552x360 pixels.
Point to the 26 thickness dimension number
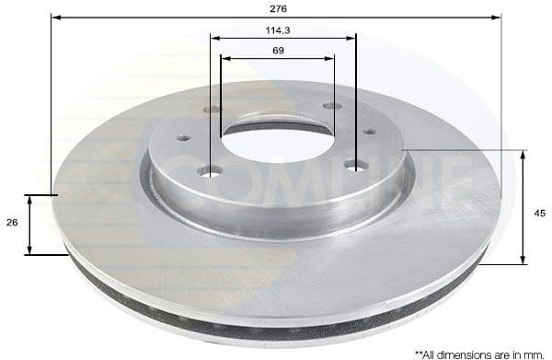coord(12,224)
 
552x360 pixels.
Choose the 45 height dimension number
coord(540,214)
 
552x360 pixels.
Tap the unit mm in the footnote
coord(538,353)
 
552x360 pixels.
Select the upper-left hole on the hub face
coord(213,110)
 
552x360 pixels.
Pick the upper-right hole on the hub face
coord(332,107)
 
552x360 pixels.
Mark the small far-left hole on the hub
coord(183,138)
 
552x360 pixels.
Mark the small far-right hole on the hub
coord(370,132)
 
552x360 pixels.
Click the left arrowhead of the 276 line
coord(55,17)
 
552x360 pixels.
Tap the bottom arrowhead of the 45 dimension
coord(523,260)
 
